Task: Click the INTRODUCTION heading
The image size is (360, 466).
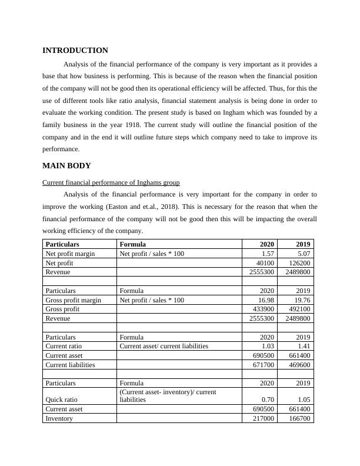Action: [75, 51]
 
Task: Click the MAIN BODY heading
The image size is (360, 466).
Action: [66, 165]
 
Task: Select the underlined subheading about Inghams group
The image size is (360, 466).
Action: [111, 183]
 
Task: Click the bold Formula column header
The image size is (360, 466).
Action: [133, 244]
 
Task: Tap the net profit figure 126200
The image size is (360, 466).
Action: [299, 263]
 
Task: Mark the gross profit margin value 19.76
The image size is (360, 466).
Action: [302, 300]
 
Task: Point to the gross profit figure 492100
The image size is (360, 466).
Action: [299, 309]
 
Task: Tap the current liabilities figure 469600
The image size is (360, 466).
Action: [299, 365]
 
